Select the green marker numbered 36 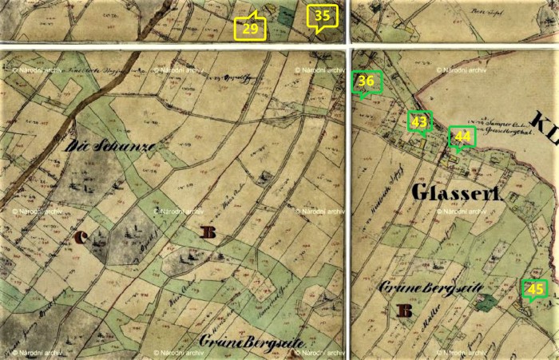[367, 82]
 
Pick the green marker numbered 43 [419, 122]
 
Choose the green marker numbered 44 [462, 137]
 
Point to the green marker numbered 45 [535, 289]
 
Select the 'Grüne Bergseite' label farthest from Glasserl [252, 343]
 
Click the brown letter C [82, 236]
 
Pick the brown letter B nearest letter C [209, 232]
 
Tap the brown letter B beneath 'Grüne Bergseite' [405, 311]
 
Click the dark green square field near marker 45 [486, 302]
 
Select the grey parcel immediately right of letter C [128, 235]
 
